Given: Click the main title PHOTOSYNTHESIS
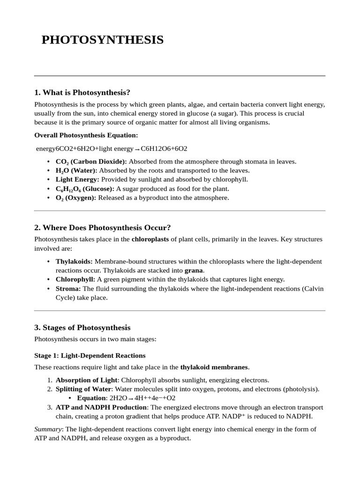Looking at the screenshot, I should pyautogui.click(x=103, y=40).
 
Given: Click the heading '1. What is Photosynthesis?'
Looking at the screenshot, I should pyautogui.click(x=82, y=92).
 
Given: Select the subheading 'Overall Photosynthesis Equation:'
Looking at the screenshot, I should pyautogui.click(x=86, y=135).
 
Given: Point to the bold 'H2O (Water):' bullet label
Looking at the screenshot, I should pyautogui.click(x=76, y=171).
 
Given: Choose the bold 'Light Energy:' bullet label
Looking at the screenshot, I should pyautogui.click(x=77, y=180).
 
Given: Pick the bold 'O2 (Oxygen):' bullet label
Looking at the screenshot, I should pyautogui.click(x=76, y=198).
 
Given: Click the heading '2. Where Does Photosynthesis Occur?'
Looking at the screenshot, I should pyautogui.click(x=103, y=228).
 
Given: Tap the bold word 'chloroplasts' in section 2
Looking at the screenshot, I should pyautogui.click(x=150, y=240).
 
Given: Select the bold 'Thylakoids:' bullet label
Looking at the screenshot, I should pyautogui.click(x=74, y=262).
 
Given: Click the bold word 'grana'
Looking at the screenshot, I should pyautogui.click(x=194, y=270).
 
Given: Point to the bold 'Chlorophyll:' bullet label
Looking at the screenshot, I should pyautogui.click(x=75, y=279).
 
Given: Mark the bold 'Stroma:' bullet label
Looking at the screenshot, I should pyautogui.click(x=68, y=289).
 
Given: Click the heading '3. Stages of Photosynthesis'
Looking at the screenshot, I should pyautogui.click(x=82, y=328).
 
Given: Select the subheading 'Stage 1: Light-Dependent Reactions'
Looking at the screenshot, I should pyautogui.click(x=90, y=355).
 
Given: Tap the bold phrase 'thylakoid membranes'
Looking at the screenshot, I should pyautogui.click(x=214, y=367).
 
